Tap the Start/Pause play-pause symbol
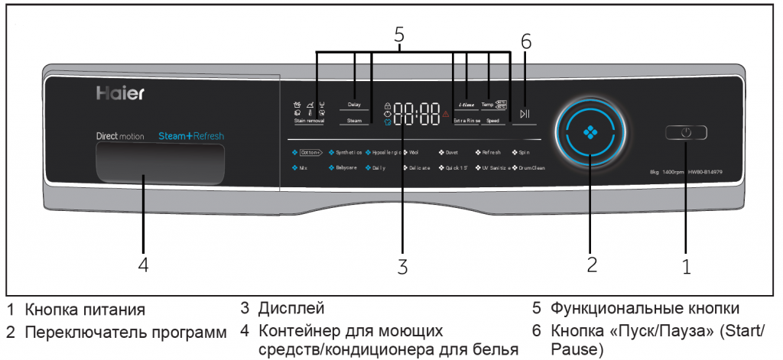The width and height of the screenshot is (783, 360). coord(525,114)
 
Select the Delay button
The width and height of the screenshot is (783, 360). coord(354,105)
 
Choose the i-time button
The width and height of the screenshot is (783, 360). coord(466,104)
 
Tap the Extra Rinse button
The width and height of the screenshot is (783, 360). coord(466,121)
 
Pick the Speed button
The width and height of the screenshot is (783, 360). coord(494,121)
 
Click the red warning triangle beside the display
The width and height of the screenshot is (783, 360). coord(446,114)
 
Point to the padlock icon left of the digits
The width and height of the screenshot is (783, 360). coord(388,105)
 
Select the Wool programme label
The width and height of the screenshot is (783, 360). coord(414,152)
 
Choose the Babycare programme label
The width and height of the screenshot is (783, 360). coord(346,167)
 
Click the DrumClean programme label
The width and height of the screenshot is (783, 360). coord(532,167)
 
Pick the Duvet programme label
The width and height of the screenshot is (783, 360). coord(451,152)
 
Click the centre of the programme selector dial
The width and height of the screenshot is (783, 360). coord(589,131)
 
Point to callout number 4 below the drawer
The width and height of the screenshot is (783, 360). coord(142,264)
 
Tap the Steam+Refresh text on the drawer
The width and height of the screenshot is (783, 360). coord(191,135)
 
